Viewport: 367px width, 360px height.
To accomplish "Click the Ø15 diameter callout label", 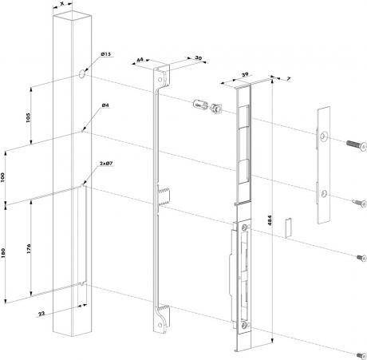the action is pyautogui.click(x=105, y=54).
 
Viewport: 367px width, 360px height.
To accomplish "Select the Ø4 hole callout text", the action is pyautogui.click(x=105, y=105).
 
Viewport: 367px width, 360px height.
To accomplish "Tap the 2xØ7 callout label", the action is pyautogui.click(x=106, y=164).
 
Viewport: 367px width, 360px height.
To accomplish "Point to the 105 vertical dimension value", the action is pyautogui.click(x=29, y=117).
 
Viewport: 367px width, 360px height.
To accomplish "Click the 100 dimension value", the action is pyautogui.click(x=2, y=177).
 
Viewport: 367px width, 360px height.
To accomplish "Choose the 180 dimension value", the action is pyautogui.click(x=2, y=253).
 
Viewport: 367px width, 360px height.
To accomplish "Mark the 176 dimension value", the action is pyautogui.click(x=29, y=248).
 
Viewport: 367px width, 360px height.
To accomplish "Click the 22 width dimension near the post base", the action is pyautogui.click(x=41, y=314).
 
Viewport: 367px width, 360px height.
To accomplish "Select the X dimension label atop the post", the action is pyautogui.click(x=62, y=3).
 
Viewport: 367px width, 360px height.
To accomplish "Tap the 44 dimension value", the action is pyautogui.click(x=140, y=59).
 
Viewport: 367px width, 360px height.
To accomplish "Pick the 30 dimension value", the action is pyautogui.click(x=199, y=57).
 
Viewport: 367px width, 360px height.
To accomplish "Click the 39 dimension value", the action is pyautogui.click(x=245, y=75).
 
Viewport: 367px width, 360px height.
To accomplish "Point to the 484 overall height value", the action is pyautogui.click(x=270, y=220).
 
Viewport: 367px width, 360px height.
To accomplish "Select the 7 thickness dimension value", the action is pyautogui.click(x=289, y=79).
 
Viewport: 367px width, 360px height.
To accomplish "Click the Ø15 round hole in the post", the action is pyautogui.click(x=82, y=73).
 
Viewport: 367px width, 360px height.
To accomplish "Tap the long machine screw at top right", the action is pyautogui.click(x=357, y=144).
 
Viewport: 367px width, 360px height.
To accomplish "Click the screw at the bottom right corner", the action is pyautogui.click(x=361, y=355).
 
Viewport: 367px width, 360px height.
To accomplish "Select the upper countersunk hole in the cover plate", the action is pyautogui.click(x=323, y=136).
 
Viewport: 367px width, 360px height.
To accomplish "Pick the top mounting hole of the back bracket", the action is pyautogui.click(x=160, y=80).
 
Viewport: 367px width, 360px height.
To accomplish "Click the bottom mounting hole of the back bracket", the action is pyautogui.click(x=160, y=325).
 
